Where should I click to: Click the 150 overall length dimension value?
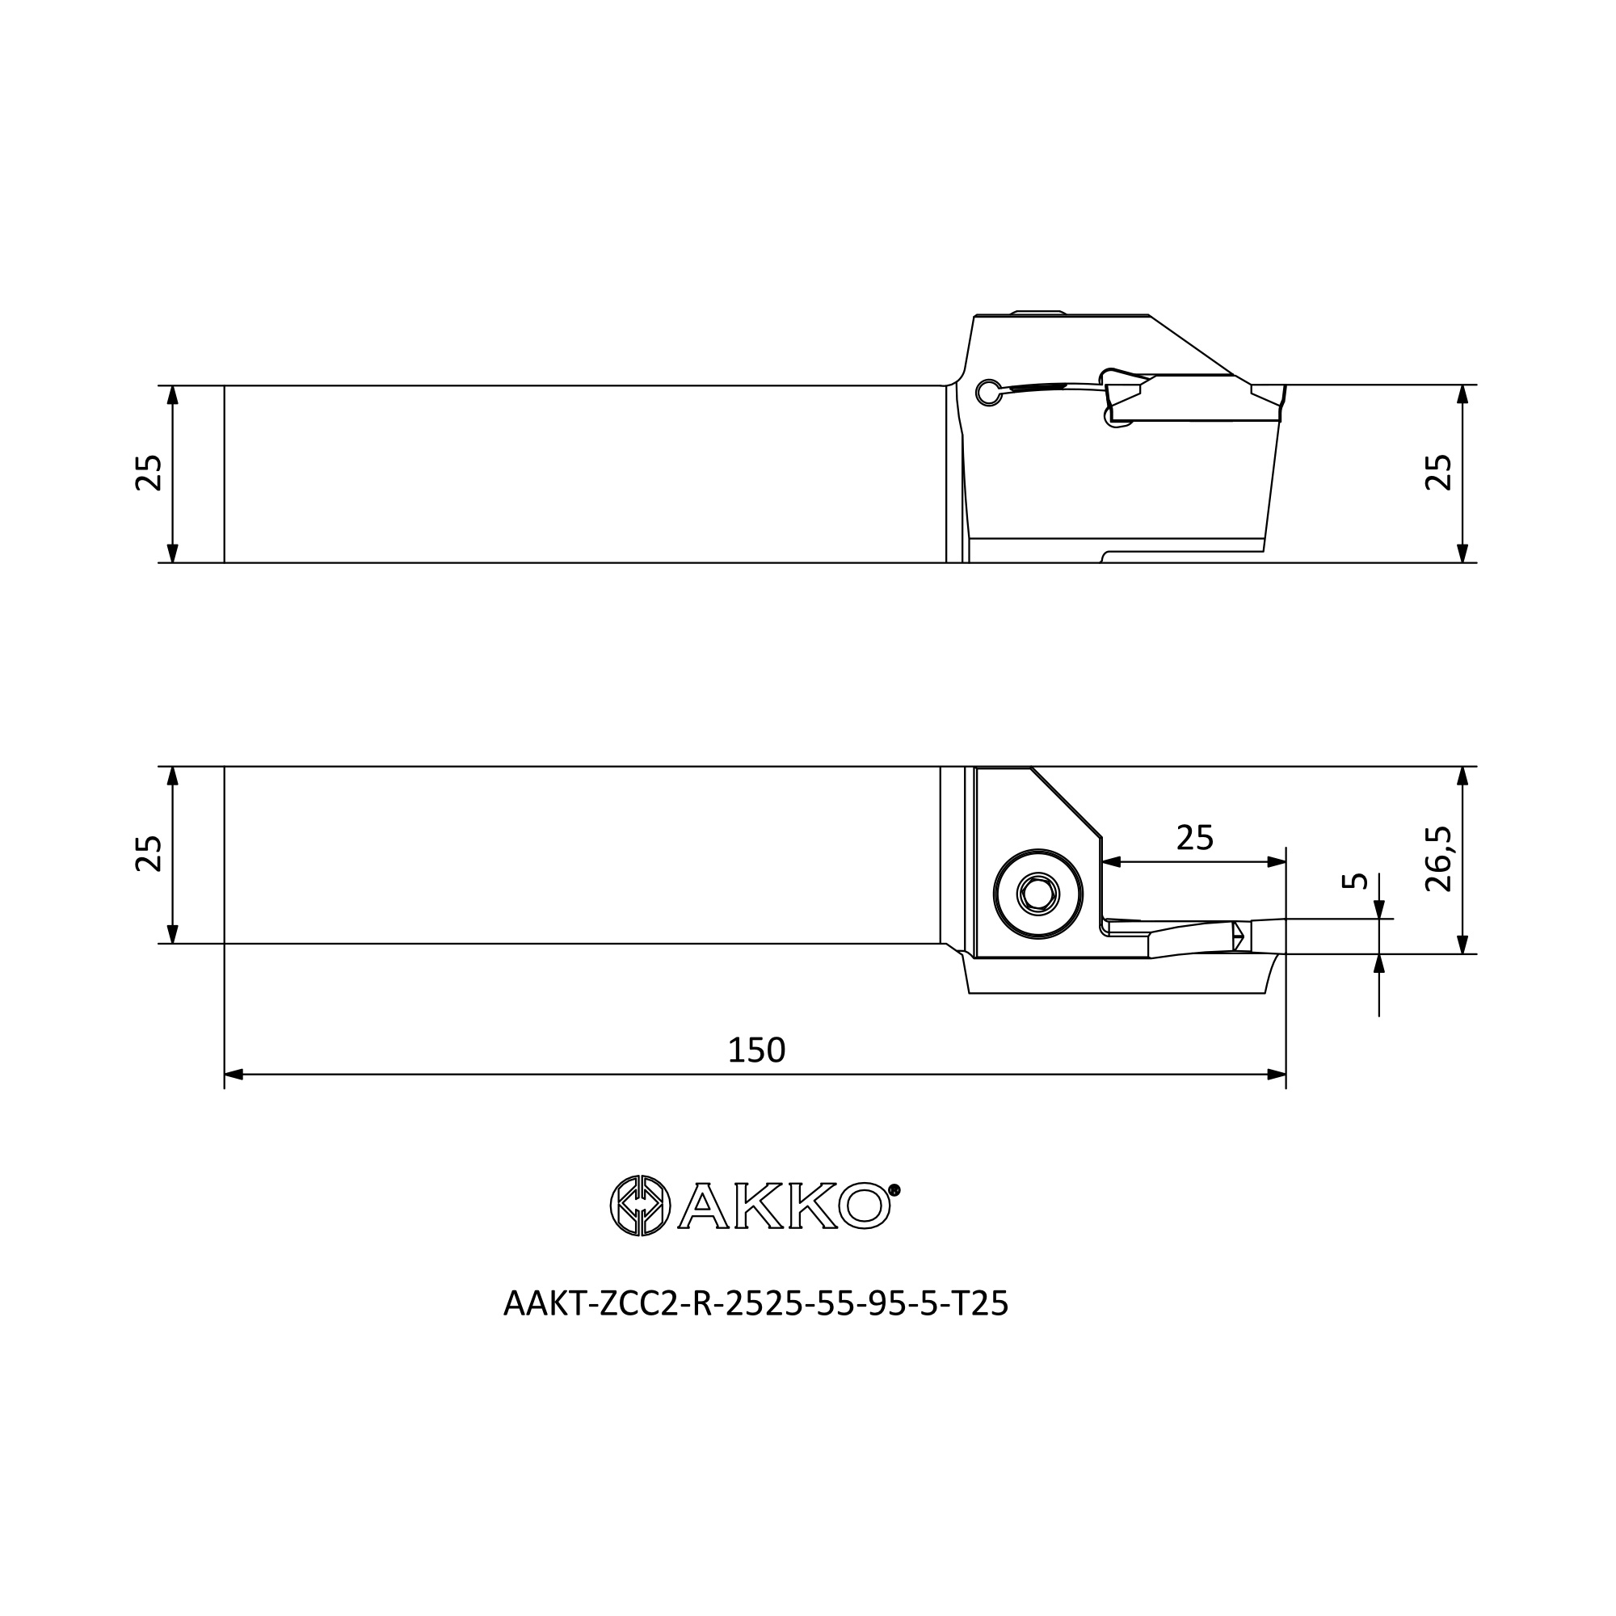[756, 1050]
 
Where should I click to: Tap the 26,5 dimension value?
[1439, 860]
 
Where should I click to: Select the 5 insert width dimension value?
[1354, 881]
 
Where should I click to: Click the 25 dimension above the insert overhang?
[1194, 837]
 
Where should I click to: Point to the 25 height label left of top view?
[149, 473]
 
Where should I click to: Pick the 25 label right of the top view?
[1439, 473]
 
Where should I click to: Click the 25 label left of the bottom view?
[149, 854]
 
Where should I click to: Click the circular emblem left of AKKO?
[640, 1206]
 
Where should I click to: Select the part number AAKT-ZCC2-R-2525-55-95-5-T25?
[756, 1304]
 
